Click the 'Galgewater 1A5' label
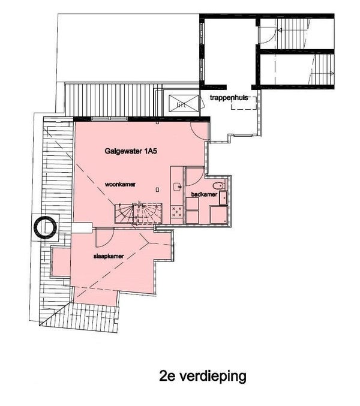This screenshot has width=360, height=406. tap(131, 151)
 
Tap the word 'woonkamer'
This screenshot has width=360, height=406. tap(120, 184)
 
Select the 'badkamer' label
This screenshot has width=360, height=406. tap(204, 194)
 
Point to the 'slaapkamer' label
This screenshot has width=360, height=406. tap(109, 256)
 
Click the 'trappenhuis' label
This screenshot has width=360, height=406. tap(229, 98)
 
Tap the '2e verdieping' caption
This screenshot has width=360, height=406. tap(203, 375)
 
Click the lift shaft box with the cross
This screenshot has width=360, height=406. tap(184, 103)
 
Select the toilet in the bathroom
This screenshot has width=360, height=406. tap(219, 185)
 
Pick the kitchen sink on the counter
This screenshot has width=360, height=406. tap(178, 186)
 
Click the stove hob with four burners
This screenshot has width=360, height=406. tap(177, 212)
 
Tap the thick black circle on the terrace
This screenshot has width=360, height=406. tap(46, 228)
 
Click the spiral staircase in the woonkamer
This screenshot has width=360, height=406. tap(139, 213)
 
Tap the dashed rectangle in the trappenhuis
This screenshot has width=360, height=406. tap(244, 103)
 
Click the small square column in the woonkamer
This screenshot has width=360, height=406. tap(157, 190)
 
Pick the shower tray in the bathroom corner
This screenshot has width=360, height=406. tap(218, 214)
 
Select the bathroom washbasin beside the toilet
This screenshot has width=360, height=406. tap(223, 198)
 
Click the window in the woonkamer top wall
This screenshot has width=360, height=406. tap(110, 119)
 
